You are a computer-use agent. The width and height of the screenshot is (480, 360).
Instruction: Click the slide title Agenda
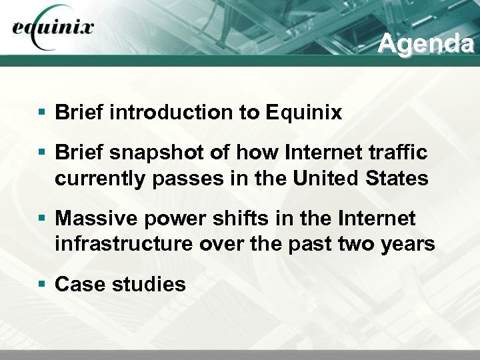click(425, 43)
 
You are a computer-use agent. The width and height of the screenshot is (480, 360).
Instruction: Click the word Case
click(79, 285)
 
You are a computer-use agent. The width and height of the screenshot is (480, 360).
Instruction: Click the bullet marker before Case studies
click(42, 285)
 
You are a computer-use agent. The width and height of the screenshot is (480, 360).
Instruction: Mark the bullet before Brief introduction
click(42, 112)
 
